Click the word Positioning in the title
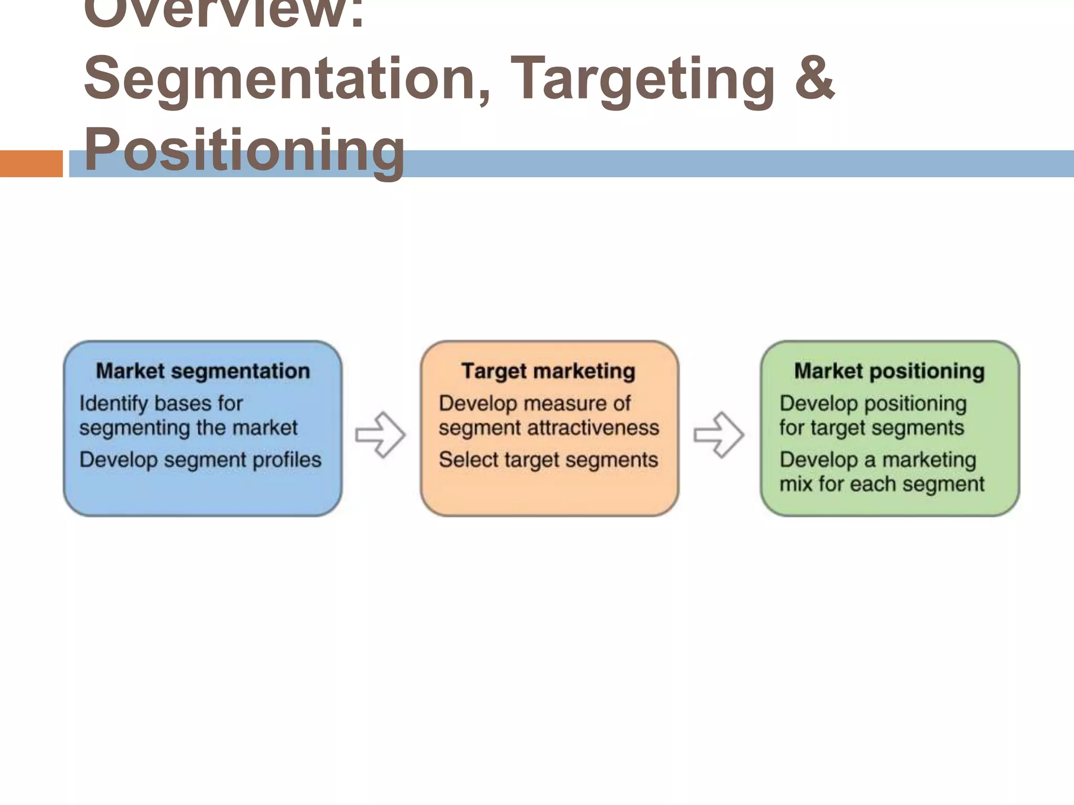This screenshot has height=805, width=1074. [x=244, y=150]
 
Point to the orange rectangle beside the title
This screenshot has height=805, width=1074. [x=31, y=164]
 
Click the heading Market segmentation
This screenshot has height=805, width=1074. [x=203, y=371]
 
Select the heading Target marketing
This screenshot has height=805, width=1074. [x=548, y=371]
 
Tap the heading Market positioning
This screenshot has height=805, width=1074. [x=889, y=371]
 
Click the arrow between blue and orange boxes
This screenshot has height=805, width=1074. [x=380, y=434]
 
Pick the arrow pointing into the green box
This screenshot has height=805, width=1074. [x=718, y=434]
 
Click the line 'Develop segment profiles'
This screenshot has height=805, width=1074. [x=200, y=460]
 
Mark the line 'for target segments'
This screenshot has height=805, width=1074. [x=871, y=428]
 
